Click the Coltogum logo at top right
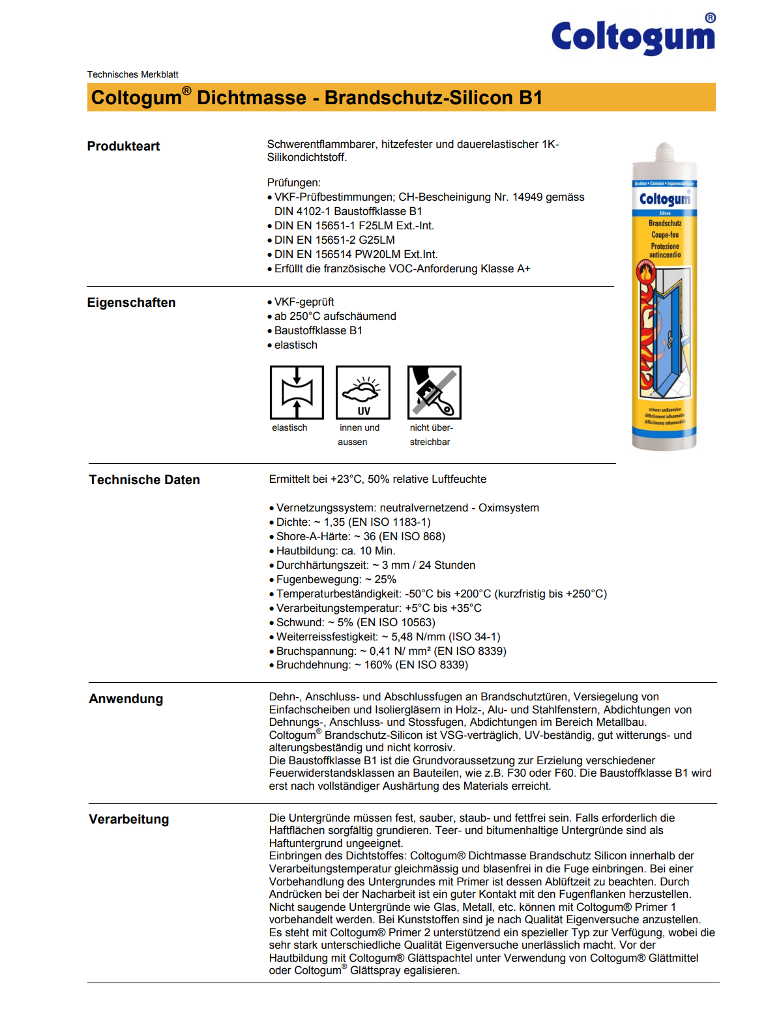[x=633, y=36]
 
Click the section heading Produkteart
[x=123, y=146]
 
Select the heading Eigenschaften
[x=131, y=302]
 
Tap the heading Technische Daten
[x=144, y=480]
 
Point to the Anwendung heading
[x=126, y=698]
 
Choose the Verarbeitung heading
[x=128, y=819]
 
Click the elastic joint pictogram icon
[x=297, y=392]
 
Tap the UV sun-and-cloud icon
[x=362, y=392]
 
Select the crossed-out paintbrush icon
[x=434, y=392]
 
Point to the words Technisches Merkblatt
[x=132, y=74]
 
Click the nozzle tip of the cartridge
[x=664, y=149]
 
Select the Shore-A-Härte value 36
[x=369, y=536]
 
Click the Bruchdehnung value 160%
[x=378, y=665]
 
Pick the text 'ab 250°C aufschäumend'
[x=335, y=316]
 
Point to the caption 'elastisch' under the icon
[x=289, y=427]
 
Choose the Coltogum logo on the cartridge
[x=664, y=199]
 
